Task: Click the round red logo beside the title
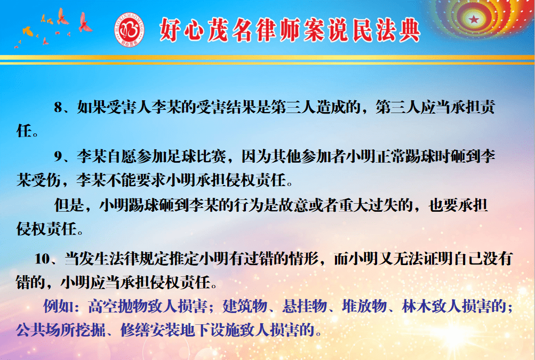(x=129, y=30)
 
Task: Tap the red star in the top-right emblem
(x=474, y=19)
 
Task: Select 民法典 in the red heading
(x=386, y=30)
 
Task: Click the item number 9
(x=58, y=157)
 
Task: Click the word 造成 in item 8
(x=324, y=107)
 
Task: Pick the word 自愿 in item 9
(x=122, y=157)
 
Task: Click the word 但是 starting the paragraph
(x=69, y=205)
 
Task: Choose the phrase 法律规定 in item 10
(x=124, y=259)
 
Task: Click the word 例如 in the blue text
(x=58, y=306)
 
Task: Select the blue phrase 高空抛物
(x=117, y=306)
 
